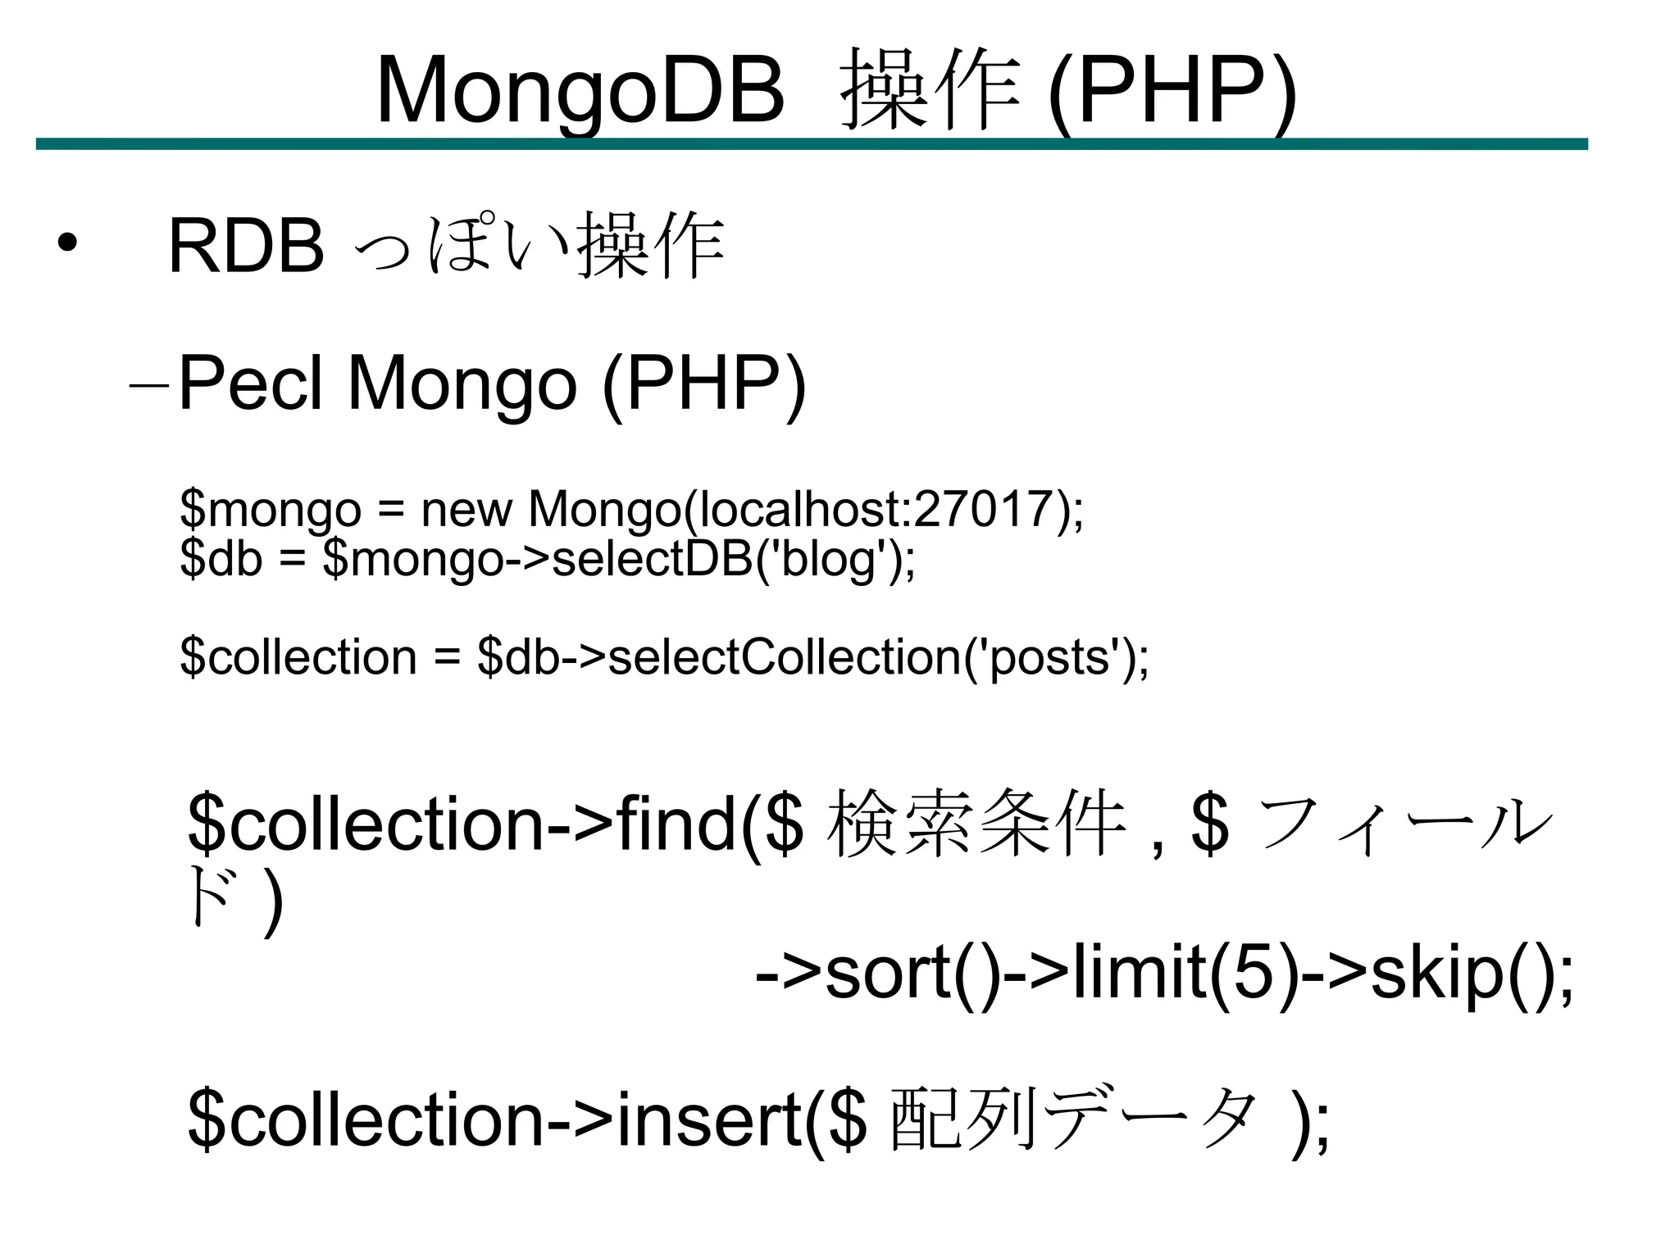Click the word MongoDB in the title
pos(580,90)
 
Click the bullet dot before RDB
pos(67,243)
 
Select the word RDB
pos(246,246)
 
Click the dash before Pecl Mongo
pos(149,385)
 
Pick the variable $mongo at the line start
pos(271,510)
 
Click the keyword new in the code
pos(466,510)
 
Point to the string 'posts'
pos(1054,657)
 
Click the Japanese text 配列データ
pos(1074,1118)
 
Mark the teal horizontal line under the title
pos(812,144)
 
